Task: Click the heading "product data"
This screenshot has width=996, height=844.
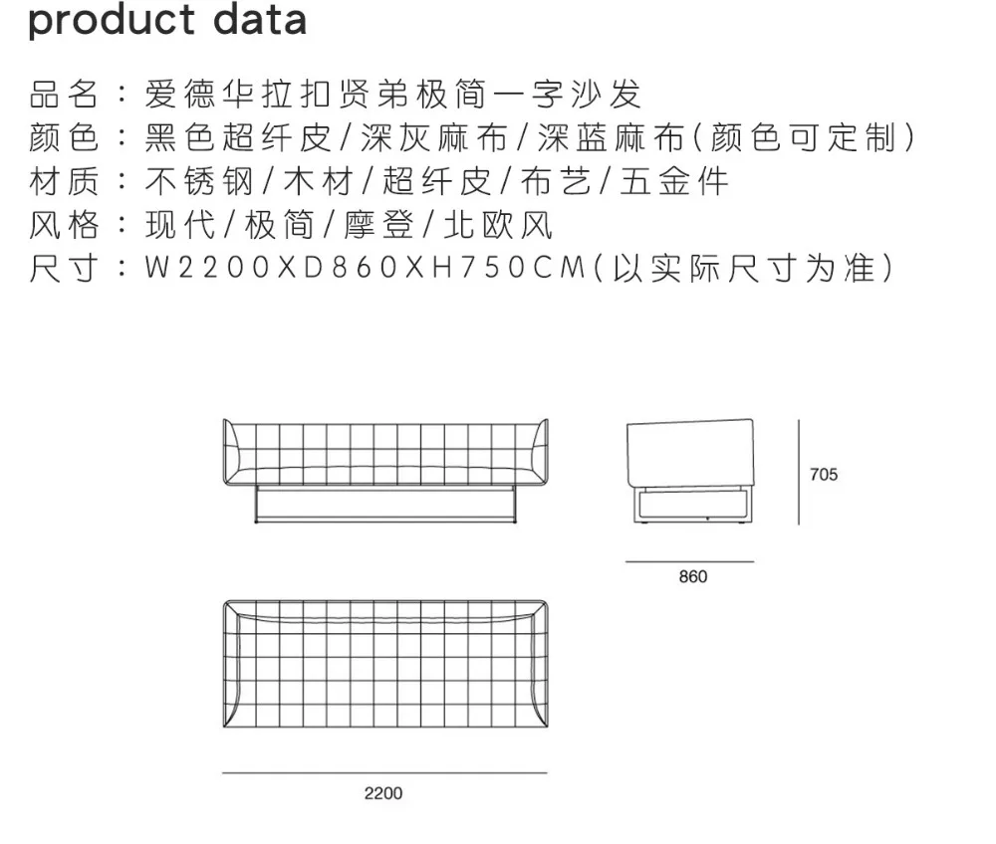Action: [x=167, y=20]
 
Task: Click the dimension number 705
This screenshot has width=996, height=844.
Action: [x=824, y=475]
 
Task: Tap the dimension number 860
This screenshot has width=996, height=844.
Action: [x=692, y=577]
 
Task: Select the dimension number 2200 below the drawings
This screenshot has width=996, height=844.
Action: [x=383, y=793]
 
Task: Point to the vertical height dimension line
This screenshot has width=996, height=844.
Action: [x=799, y=471]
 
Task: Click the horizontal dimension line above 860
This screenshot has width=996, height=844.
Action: [x=689, y=561]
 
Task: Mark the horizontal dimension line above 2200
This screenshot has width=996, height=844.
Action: [x=384, y=772]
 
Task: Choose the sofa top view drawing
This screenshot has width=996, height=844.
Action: [x=384, y=664]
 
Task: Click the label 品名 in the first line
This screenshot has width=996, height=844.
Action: [x=64, y=95]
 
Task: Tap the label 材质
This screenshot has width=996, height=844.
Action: [x=64, y=181]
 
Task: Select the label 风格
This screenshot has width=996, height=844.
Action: [x=64, y=225]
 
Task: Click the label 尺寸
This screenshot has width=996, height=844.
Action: [x=64, y=269]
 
